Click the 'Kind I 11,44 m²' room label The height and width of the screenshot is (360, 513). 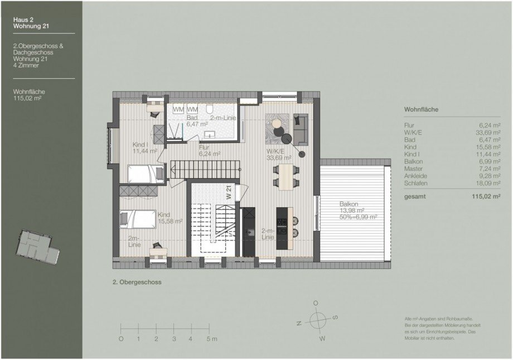(x=144, y=147)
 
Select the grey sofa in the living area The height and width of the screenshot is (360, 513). (x=300, y=127)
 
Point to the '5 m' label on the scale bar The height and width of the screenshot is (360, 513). (x=211, y=339)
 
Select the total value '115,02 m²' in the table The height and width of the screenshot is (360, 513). (x=483, y=196)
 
